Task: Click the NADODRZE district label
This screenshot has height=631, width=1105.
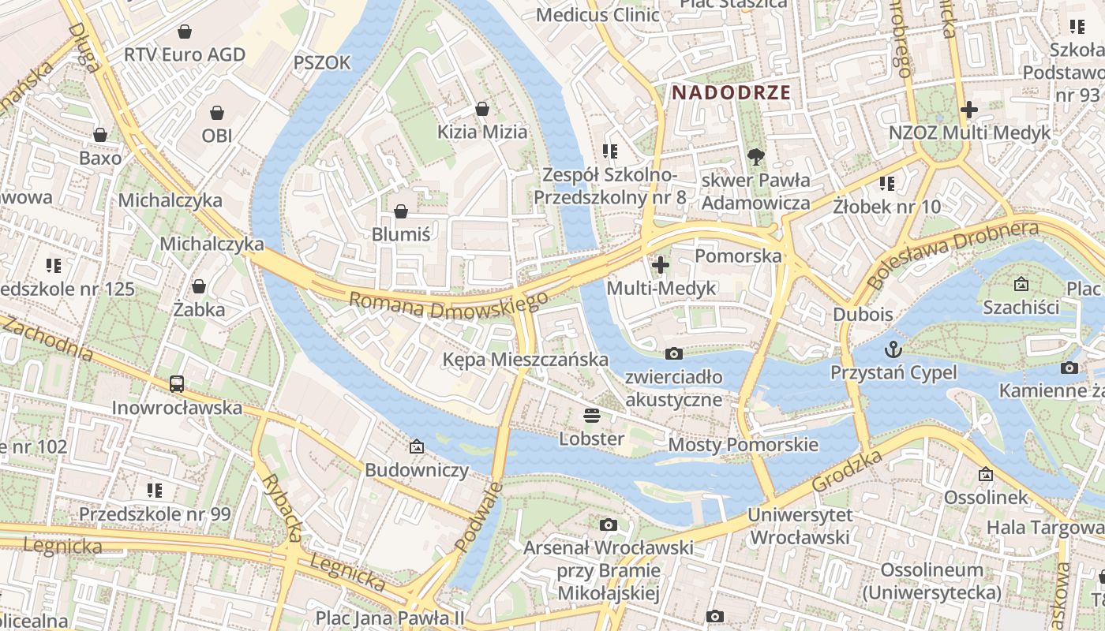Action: pyautogui.click(x=731, y=92)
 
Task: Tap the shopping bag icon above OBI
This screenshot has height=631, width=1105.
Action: pyautogui.click(x=217, y=113)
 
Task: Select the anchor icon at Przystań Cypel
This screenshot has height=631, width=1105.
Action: pyautogui.click(x=893, y=349)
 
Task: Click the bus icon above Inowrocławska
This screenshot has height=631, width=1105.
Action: pyautogui.click(x=177, y=384)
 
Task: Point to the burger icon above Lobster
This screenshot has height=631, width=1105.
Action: pyautogui.click(x=592, y=415)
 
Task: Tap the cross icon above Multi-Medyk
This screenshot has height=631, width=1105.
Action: pyautogui.click(x=661, y=265)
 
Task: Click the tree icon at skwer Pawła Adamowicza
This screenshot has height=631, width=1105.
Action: pyautogui.click(x=756, y=156)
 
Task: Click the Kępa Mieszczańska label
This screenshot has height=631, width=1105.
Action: pyautogui.click(x=526, y=360)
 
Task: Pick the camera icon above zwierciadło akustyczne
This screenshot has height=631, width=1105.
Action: pyautogui.click(x=673, y=353)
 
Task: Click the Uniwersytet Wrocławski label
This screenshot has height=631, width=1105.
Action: pyautogui.click(x=800, y=526)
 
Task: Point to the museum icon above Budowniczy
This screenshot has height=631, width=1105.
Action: pyautogui.click(x=417, y=447)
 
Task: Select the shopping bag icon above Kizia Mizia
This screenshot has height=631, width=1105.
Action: pyautogui.click(x=482, y=109)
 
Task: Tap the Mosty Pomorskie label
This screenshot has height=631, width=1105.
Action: pyautogui.click(x=743, y=445)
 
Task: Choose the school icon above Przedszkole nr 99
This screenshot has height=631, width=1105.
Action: pyautogui.click(x=155, y=491)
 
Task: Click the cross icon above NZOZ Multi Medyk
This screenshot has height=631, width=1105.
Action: pyautogui.click(x=969, y=110)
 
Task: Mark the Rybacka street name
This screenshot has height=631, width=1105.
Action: pyautogui.click(x=282, y=507)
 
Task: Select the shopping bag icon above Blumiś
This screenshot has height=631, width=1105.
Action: pyautogui.click(x=401, y=211)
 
